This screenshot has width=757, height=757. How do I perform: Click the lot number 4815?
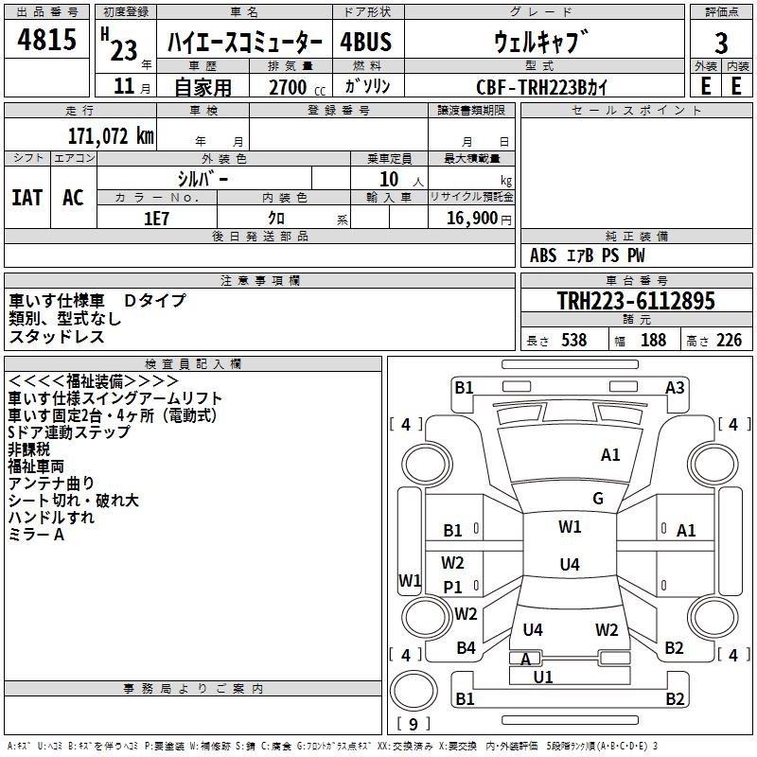click(46, 39)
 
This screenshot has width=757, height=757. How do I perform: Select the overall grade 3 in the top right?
click(721, 43)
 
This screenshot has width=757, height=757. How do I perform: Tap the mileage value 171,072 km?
click(111, 136)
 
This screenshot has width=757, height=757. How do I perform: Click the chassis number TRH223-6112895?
click(636, 301)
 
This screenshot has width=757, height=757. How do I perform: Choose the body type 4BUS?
click(365, 42)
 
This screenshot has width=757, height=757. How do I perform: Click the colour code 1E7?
click(156, 219)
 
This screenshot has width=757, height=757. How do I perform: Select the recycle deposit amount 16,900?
click(472, 219)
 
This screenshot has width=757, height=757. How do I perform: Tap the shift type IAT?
click(27, 198)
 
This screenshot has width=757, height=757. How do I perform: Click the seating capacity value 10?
click(389, 179)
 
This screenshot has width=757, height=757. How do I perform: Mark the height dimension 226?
click(729, 340)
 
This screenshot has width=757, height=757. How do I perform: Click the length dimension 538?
click(574, 340)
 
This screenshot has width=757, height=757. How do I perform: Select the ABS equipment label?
click(543, 255)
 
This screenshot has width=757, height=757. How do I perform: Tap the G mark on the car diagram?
click(598, 499)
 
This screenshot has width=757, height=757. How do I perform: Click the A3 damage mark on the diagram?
click(675, 388)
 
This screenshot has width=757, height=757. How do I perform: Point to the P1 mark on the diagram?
click(452, 587)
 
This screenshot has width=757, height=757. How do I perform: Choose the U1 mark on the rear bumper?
click(542, 677)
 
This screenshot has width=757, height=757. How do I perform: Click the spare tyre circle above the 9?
click(414, 690)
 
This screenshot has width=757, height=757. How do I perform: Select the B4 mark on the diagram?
click(466, 648)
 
